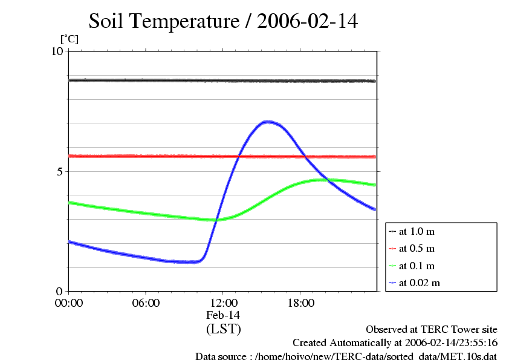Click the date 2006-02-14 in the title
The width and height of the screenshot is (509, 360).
click(x=308, y=22)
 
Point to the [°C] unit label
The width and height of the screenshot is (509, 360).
click(x=69, y=39)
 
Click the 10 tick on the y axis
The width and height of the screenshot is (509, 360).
click(x=57, y=51)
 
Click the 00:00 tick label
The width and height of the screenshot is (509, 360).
click(x=69, y=303)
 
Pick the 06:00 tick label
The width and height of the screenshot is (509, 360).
click(x=146, y=303)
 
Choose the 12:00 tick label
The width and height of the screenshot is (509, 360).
click(x=223, y=303)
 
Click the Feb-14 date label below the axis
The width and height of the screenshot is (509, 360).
click(x=223, y=315)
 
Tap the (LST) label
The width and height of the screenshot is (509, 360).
click(x=223, y=329)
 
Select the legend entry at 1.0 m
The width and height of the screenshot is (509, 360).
click(x=417, y=232)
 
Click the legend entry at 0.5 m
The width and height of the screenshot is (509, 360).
click(x=417, y=249)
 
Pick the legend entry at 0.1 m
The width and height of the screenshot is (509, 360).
click(x=417, y=266)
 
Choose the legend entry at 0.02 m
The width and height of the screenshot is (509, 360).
click(x=419, y=283)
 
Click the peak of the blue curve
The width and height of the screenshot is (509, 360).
click(x=267, y=122)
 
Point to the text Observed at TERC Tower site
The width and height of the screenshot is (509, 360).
click(x=432, y=330)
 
